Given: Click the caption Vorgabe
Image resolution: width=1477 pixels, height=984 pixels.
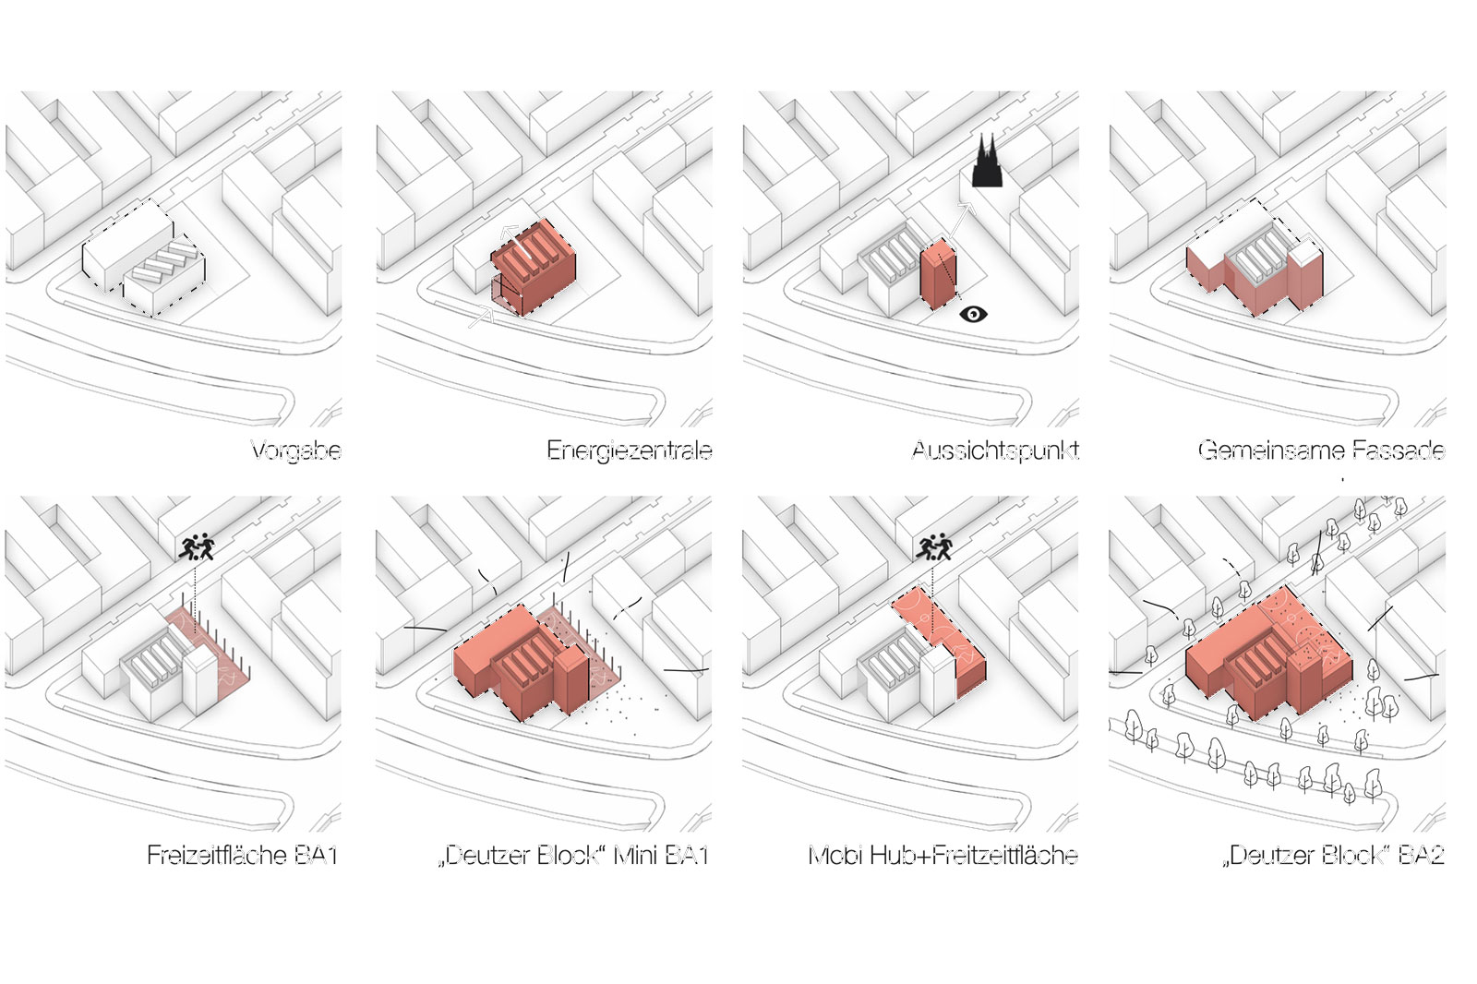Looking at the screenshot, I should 295,450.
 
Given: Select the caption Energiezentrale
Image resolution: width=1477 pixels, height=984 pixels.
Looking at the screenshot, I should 629,450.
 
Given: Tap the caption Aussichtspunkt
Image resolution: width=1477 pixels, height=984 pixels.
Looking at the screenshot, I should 994,450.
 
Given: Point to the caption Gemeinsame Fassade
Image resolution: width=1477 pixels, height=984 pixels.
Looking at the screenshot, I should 1320,450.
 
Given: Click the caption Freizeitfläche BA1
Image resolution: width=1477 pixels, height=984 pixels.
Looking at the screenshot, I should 242,855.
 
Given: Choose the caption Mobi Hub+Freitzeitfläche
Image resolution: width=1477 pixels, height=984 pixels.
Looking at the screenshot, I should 943,855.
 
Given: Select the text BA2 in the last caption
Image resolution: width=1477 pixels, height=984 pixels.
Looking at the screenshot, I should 1421,855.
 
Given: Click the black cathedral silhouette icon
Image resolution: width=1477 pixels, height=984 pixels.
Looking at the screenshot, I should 986,162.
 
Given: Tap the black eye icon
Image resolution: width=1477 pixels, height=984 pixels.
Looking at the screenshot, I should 973,315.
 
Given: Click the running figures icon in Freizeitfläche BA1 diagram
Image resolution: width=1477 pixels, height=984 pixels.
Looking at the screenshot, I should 197,547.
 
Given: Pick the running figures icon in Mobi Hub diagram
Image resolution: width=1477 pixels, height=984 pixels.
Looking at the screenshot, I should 933,547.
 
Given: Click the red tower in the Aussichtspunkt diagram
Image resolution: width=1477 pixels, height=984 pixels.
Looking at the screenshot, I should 938,274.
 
